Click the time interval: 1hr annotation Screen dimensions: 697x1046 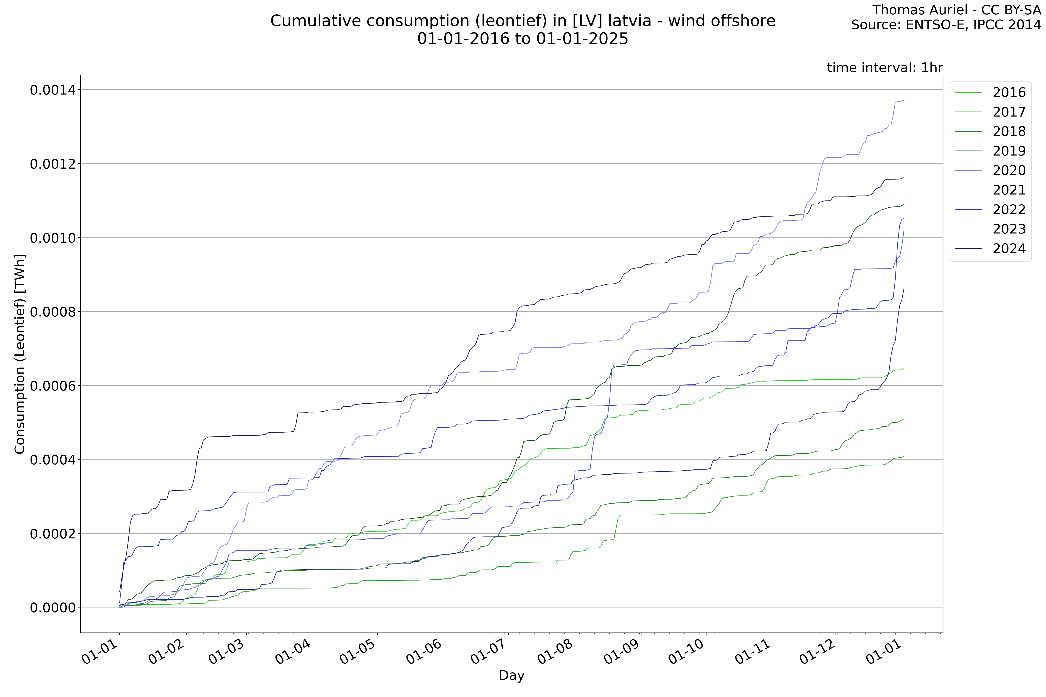885,68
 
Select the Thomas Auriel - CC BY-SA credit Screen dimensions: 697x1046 956,10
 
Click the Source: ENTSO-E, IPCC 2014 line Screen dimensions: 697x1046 946,25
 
